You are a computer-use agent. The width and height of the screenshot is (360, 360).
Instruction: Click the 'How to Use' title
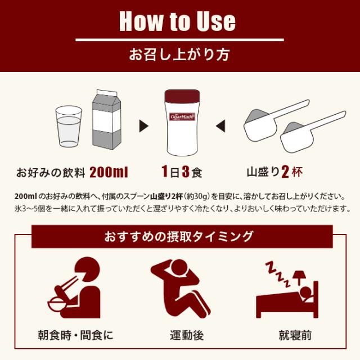(x=179, y=21)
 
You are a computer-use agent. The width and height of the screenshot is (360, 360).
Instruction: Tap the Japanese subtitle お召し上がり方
(x=179, y=56)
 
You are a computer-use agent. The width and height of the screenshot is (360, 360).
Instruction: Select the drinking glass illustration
(x=69, y=126)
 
